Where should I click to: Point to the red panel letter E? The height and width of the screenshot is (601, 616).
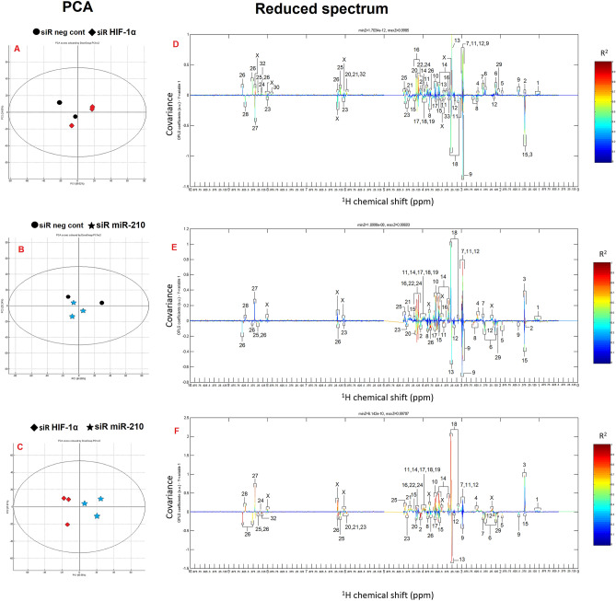(175, 234)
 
